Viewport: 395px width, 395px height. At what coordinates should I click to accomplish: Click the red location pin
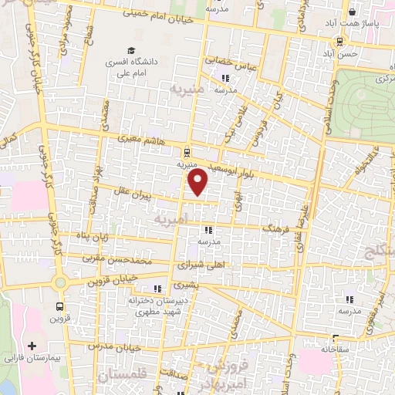198,182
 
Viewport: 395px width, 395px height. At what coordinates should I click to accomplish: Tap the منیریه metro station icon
187,151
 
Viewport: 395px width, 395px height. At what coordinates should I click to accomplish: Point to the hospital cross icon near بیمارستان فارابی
32,346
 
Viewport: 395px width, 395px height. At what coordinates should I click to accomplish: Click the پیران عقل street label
137,196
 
